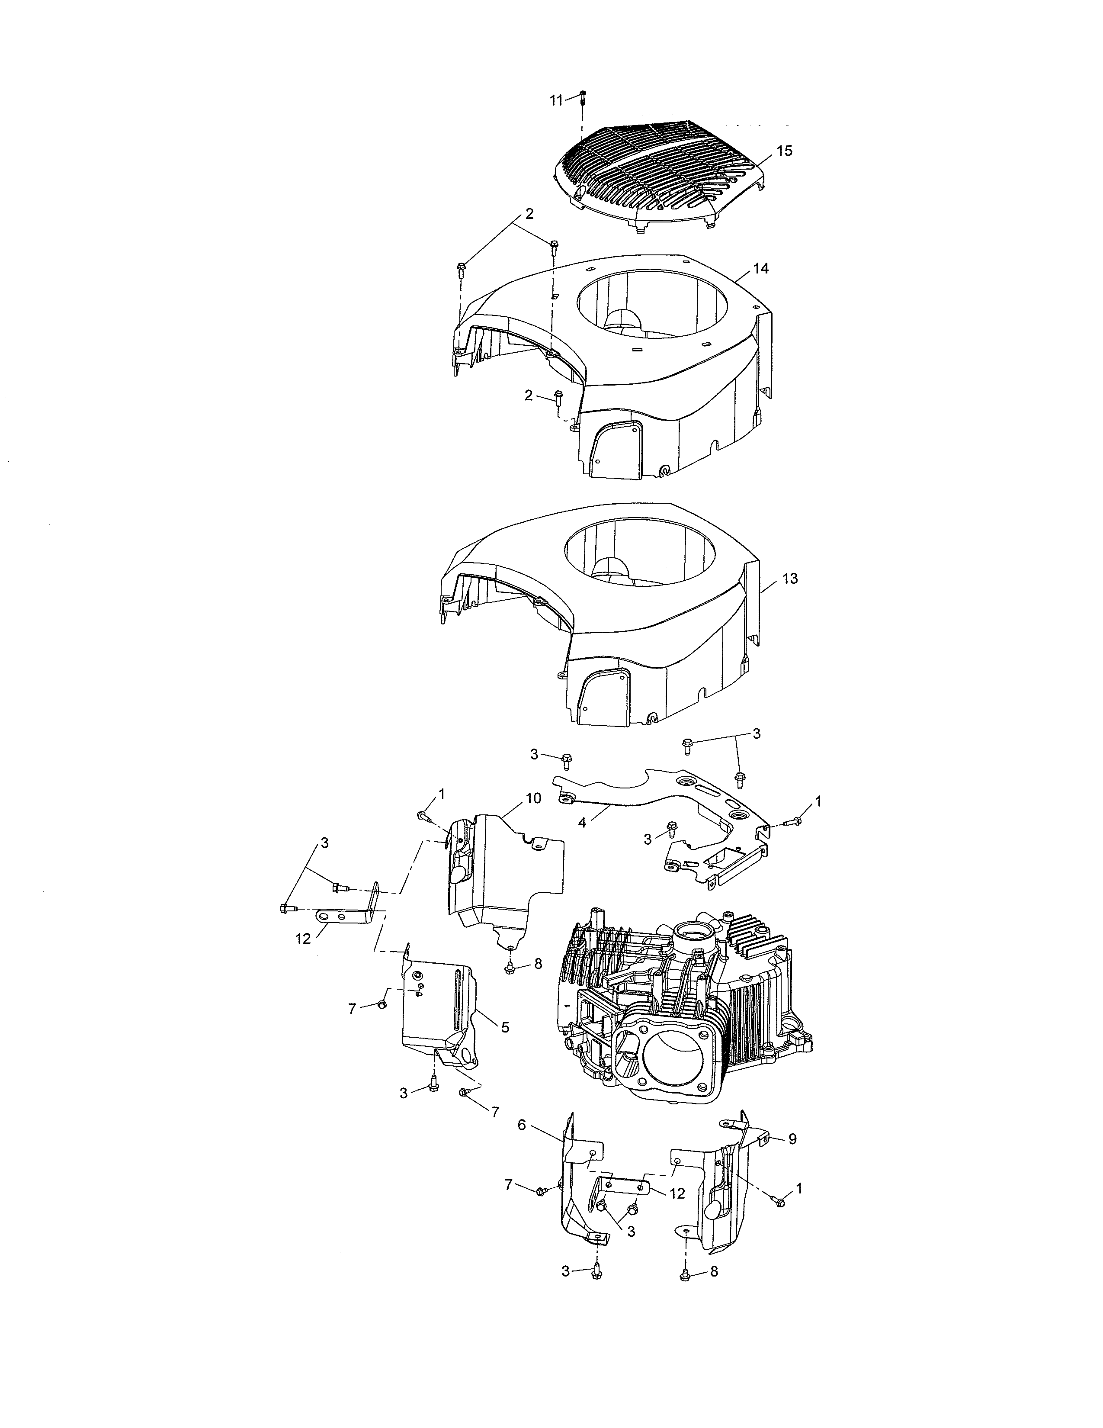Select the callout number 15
(x=784, y=151)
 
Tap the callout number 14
(x=760, y=269)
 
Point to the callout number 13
(x=789, y=579)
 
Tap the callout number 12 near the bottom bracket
(x=677, y=1193)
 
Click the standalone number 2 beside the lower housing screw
(x=529, y=395)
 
